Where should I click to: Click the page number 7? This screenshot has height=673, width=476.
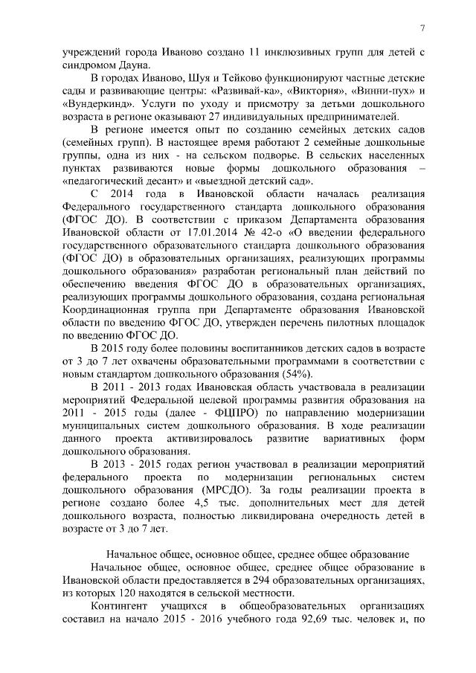click(x=422, y=28)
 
